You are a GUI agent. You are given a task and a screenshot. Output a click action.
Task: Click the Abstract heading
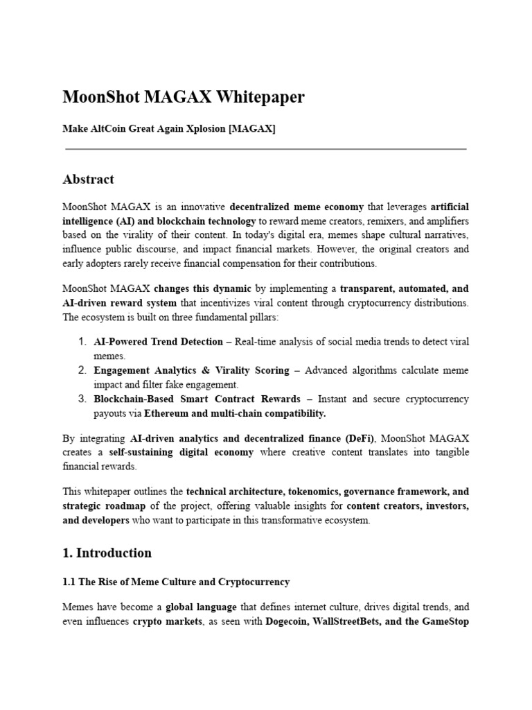coord(88,179)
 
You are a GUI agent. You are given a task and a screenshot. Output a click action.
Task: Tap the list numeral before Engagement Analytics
coord(81,370)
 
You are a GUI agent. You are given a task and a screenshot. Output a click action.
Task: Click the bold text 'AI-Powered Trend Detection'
coord(158,342)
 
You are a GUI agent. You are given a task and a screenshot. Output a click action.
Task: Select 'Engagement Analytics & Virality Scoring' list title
coord(191,370)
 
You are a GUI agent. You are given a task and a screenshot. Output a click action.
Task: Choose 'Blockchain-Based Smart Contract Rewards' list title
coord(197,399)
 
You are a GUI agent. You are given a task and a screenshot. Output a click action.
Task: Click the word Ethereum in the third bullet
coord(167,413)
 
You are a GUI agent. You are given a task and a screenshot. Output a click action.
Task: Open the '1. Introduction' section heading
coord(107,553)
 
